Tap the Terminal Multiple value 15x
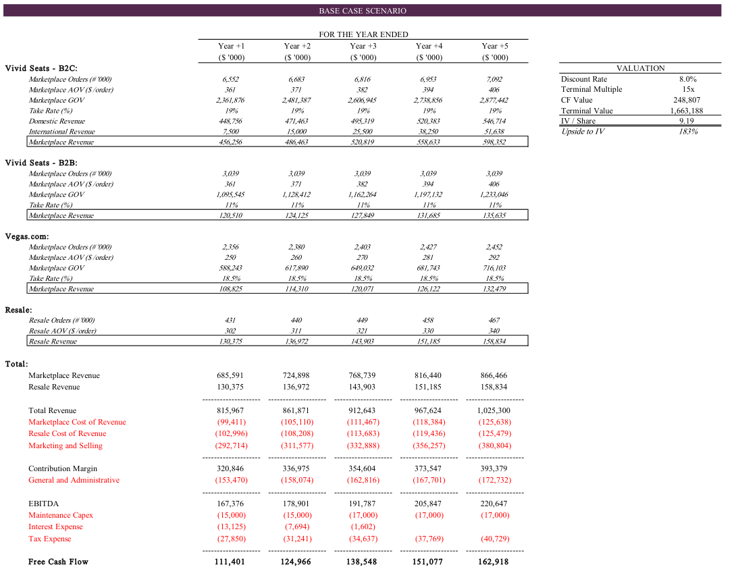[687, 89]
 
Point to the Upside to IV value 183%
[687, 132]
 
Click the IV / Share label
[578, 121]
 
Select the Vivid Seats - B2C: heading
[41, 68]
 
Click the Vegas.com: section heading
[27, 236]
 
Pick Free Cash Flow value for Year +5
[494, 562]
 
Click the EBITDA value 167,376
[230, 504]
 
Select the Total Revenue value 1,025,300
[494, 410]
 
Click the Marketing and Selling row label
[65, 446]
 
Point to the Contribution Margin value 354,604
[363, 468]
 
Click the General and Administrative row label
[74, 480]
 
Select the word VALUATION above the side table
[640, 68]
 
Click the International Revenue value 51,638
[494, 132]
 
